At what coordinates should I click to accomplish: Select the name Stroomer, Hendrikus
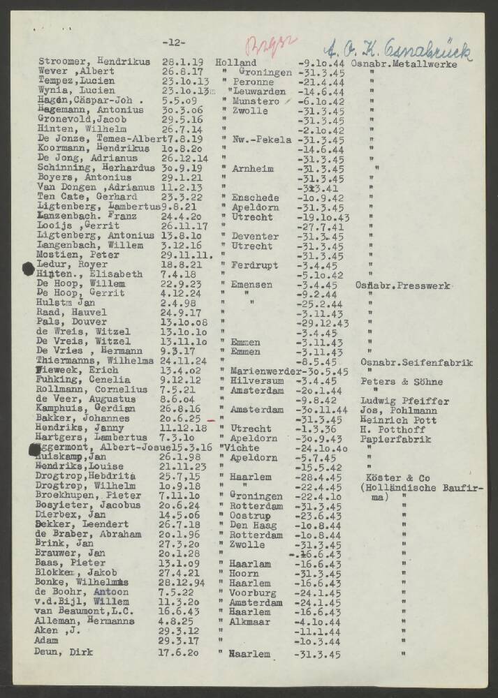click(x=94, y=62)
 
